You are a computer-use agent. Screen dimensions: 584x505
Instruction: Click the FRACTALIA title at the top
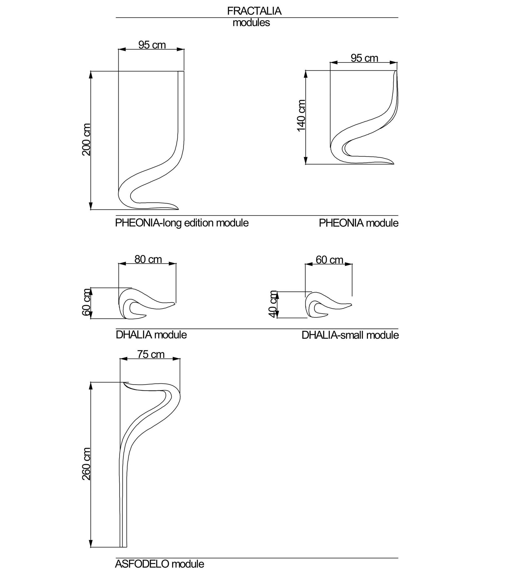(254, 11)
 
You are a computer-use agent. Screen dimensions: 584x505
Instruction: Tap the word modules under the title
(251, 23)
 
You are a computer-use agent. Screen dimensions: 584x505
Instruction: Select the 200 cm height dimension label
(86, 140)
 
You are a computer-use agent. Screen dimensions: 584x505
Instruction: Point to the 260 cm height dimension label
(86, 464)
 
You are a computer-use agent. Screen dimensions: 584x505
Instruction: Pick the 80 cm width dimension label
(148, 259)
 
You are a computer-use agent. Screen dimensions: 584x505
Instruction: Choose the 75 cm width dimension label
(151, 354)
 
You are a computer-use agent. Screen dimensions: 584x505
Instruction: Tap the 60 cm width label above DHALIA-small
(329, 260)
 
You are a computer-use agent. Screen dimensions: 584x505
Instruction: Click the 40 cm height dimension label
(273, 304)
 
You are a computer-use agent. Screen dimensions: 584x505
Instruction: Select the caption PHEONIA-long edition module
(182, 223)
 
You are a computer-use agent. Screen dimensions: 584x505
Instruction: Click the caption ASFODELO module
(159, 564)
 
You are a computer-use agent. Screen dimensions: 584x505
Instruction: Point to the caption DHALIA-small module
(350, 335)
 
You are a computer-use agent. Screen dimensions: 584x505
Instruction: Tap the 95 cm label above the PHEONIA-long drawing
(152, 45)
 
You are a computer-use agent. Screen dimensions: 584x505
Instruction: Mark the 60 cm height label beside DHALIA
(86, 302)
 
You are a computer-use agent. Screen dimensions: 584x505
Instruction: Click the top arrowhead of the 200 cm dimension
(91, 74)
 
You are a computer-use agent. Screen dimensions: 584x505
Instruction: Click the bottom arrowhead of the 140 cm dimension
(306, 161)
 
